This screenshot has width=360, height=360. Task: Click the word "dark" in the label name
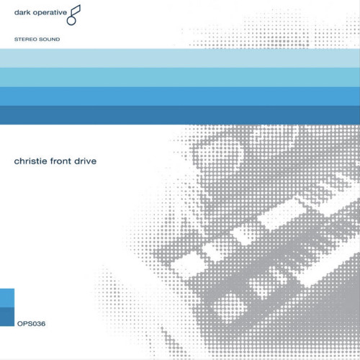click(x=22, y=12)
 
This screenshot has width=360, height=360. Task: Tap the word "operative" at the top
click(x=50, y=13)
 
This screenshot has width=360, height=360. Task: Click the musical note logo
click(x=73, y=15)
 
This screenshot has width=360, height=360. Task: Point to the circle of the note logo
click(x=71, y=21)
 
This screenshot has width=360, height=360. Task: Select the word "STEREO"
click(x=26, y=40)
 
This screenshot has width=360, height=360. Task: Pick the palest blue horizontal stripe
click(x=180, y=58)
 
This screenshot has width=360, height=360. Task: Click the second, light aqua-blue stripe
click(x=180, y=77)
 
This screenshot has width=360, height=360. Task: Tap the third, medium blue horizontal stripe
click(x=180, y=96)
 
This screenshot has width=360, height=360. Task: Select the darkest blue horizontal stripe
click(x=180, y=115)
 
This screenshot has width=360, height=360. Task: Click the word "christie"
click(x=31, y=161)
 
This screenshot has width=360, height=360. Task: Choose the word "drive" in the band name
click(x=85, y=161)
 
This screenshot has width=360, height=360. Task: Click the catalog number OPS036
click(x=31, y=323)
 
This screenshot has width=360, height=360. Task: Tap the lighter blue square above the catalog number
click(x=7, y=298)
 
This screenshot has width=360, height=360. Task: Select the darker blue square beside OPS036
click(x=7, y=317)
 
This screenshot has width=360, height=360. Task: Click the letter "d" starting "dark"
click(x=17, y=12)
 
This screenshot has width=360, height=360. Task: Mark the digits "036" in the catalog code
click(x=39, y=323)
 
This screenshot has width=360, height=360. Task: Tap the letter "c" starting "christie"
click(x=17, y=162)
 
